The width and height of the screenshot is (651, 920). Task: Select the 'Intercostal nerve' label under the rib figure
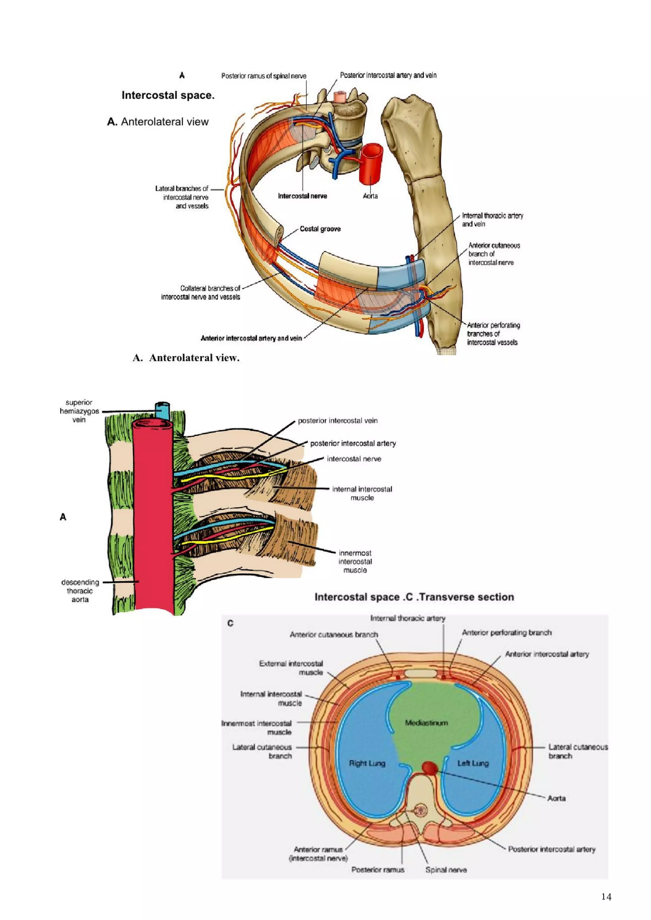pyautogui.click(x=302, y=196)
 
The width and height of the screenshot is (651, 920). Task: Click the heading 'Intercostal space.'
pyautogui.click(x=168, y=95)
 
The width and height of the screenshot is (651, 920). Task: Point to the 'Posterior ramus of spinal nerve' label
pyautogui.click(x=264, y=76)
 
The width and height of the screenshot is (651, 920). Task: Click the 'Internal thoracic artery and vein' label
pyautogui.click(x=492, y=220)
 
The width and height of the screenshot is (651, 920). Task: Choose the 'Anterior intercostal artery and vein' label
pyautogui.click(x=251, y=338)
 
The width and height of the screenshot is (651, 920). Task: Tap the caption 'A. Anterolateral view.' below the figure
pyautogui.click(x=186, y=358)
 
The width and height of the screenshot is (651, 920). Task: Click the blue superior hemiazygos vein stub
pyautogui.click(x=163, y=411)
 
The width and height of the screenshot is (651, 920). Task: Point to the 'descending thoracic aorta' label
pyautogui.click(x=80, y=591)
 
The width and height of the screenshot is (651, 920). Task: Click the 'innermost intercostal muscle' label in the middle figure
pyautogui.click(x=355, y=561)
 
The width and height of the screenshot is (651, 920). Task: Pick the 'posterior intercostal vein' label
pyautogui.click(x=338, y=420)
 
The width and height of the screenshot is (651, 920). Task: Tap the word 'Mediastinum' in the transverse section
pyautogui.click(x=426, y=723)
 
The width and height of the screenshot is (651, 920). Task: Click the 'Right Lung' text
pyautogui.click(x=367, y=763)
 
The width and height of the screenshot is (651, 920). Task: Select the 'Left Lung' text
pyautogui.click(x=473, y=763)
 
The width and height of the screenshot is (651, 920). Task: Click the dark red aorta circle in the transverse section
pyautogui.click(x=430, y=768)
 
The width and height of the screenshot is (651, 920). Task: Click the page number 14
pyautogui.click(x=606, y=897)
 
